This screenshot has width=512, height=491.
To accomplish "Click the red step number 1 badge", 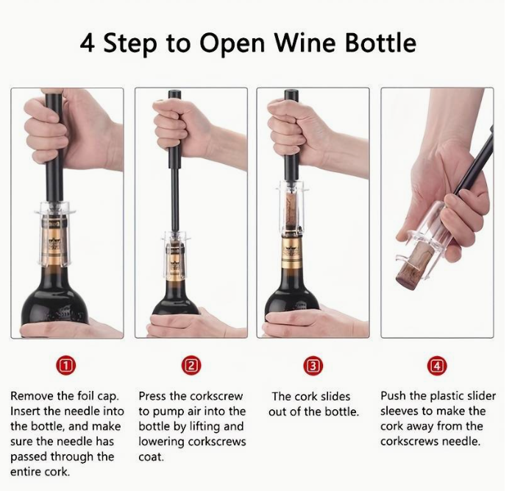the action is [x=66, y=366].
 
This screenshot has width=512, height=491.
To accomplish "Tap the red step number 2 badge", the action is [x=191, y=366].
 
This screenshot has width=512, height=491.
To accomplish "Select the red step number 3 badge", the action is [x=313, y=366].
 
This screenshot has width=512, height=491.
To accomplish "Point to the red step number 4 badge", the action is [x=437, y=366].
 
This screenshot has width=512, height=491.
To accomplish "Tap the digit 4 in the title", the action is [x=88, y=43].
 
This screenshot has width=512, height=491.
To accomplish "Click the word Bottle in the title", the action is [x=380, y=43].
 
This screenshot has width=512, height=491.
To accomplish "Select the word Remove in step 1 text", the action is [x=32, y=396].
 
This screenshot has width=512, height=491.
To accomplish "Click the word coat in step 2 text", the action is [x=151, y=457].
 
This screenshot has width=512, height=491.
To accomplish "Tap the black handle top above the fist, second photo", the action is [x=173, y=96].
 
